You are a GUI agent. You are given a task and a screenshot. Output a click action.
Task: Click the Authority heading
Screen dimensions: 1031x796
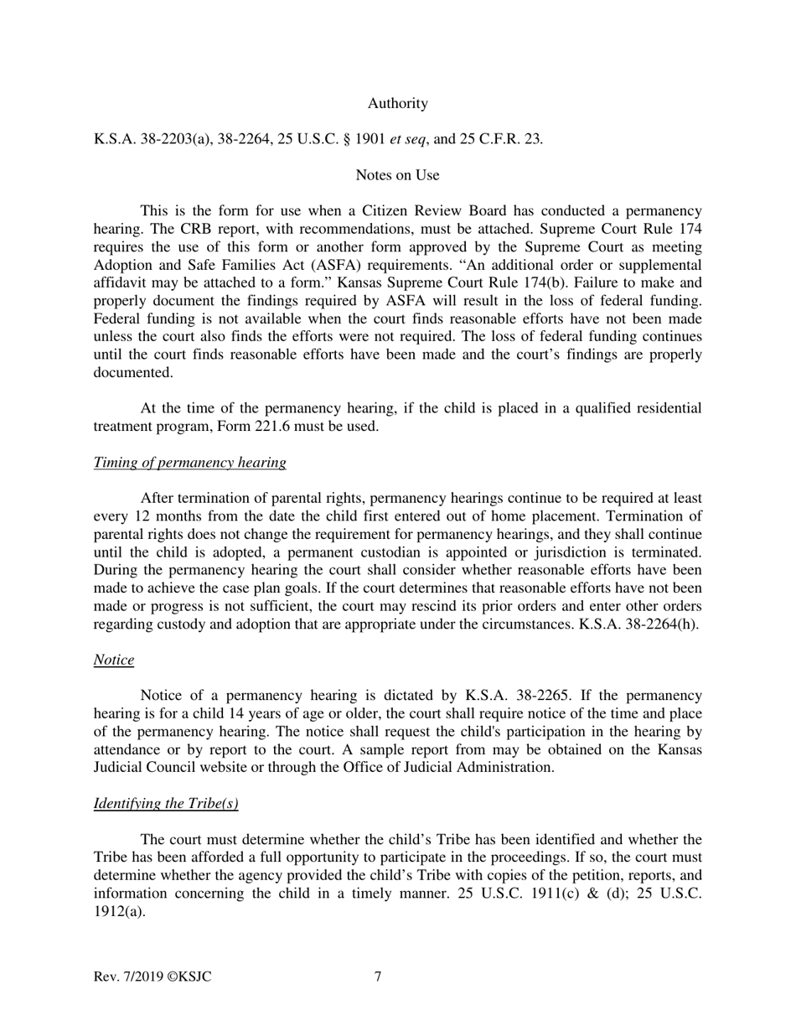(397, 104)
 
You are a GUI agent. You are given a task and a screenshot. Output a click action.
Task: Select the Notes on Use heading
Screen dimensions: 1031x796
(397, 175)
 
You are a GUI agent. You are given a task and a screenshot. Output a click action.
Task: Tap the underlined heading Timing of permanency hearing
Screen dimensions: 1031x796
(189, 463)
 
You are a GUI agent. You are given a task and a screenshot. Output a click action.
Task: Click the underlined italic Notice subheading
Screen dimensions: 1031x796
(113, 660)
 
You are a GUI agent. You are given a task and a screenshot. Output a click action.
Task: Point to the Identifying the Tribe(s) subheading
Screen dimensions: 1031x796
(166, 804)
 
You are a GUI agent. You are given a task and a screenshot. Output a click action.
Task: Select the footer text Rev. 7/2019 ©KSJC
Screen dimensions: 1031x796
(152, 977)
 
